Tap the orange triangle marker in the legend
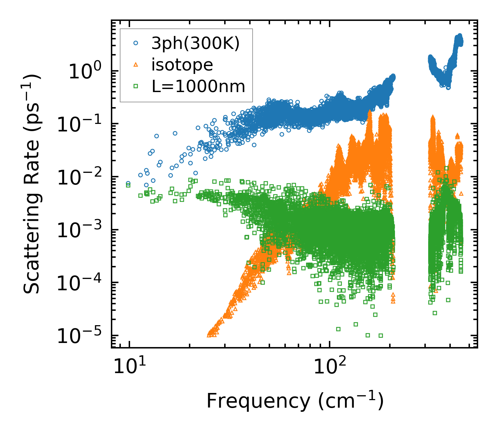136,65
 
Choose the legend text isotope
182,65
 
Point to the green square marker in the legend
136,86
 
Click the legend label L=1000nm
199,86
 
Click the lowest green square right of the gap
435,313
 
